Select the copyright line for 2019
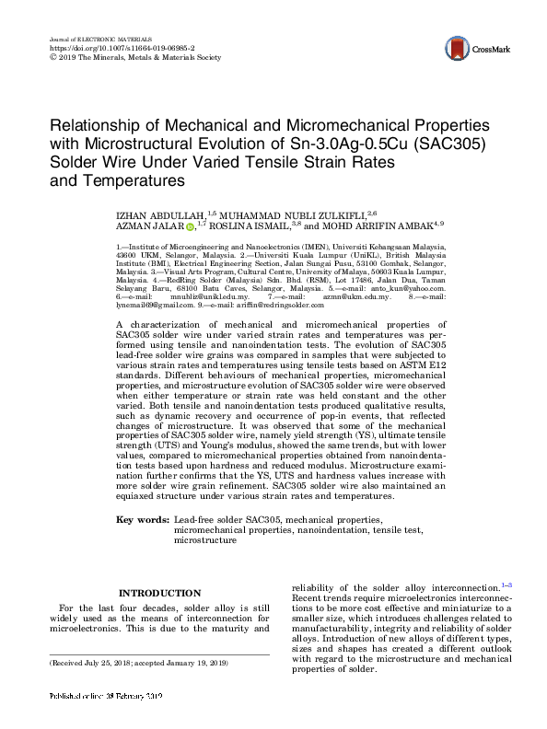pyautogui.click(x=134, y=57)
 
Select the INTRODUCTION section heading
pyautogui.click(x=160, y=594)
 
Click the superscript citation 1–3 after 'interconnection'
pyautogui.click(x=507, y=584)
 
